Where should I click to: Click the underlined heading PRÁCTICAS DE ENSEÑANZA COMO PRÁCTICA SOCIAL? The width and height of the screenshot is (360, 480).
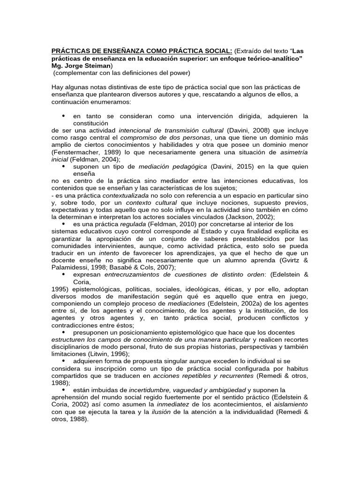coord(141,51)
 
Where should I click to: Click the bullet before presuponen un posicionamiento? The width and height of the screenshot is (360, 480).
coord(64,332)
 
